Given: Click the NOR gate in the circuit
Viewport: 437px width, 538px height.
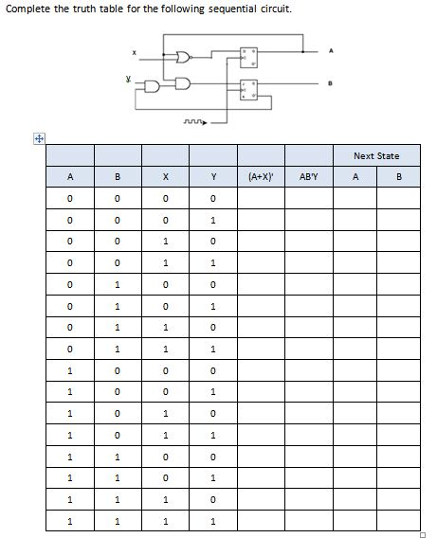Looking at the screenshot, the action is pyautogui.click(x=183, y=58).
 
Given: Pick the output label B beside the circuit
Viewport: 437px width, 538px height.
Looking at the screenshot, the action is pyautogui.click(x=332, y=84).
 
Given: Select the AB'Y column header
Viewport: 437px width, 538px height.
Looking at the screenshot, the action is pyautogui.click(x=309, y=176).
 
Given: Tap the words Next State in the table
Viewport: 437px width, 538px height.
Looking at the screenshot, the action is pyautogui.click(x=375, y=155).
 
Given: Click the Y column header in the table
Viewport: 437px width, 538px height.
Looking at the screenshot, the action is pyautogui.click(x=213, y=176).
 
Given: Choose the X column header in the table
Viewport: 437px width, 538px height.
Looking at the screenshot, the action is pyautogui.click(x=165, y=176).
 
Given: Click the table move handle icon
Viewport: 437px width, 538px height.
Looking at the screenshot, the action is pyautogui.click(x=39, y=137).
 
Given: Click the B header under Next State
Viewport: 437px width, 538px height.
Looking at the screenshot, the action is pyautogui.click(x=399, y=176).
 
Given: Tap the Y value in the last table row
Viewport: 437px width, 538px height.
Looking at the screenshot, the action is pyautogui.click(x=213, y=521).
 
